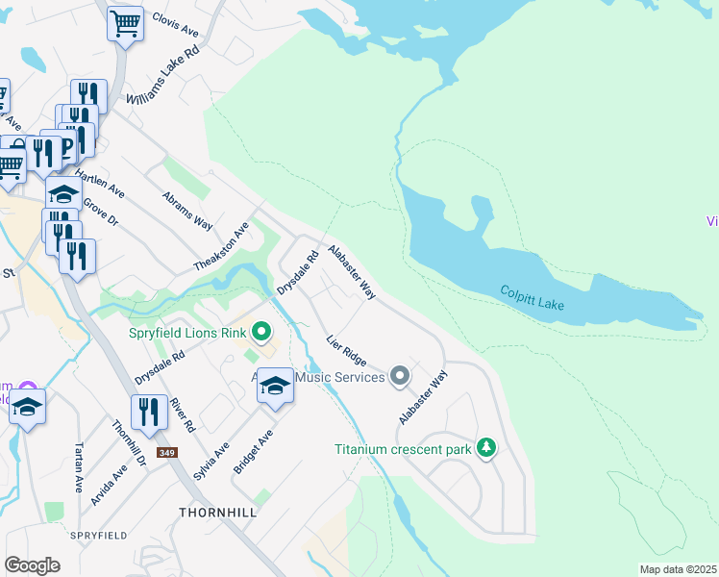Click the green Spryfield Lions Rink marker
coord(260,334)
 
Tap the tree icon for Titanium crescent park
coord(487,448)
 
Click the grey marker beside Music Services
coord(400,376)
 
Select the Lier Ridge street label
coord(346,350)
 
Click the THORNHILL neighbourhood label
coord(217,513)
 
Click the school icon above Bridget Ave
coord(276,388)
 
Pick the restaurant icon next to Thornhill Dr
coord(149,413)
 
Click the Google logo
coord(32,564)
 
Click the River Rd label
coord(184,413)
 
